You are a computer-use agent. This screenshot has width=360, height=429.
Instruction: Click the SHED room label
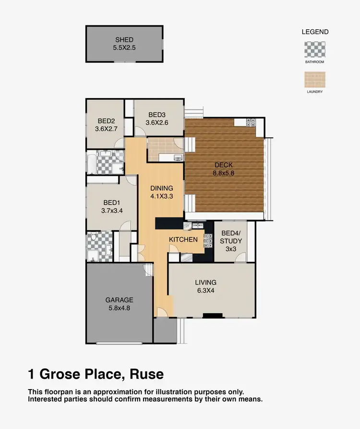[x=124, y=40]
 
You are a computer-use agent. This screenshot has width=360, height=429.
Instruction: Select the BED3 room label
[x=157, y=115]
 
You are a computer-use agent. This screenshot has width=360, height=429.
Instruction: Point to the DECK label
[x=224, y=165]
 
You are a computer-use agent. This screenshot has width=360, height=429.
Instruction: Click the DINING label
[x=161, y=188]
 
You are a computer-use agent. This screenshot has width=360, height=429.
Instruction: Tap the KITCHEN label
[x=183, y=239]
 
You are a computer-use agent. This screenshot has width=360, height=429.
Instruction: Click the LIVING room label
[x=205, y=282]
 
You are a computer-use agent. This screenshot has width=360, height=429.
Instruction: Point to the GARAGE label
[x=119, y=300]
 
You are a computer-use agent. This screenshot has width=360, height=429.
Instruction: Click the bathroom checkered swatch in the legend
[x=315, y=49]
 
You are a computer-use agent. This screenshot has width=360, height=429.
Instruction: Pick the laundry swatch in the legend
[x=315, y=79]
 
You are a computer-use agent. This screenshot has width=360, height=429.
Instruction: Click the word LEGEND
[x=315, y=32]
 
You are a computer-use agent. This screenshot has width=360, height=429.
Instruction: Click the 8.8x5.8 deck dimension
[x=224, y=173]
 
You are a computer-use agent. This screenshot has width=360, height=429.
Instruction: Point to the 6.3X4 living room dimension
[x=205, y=290]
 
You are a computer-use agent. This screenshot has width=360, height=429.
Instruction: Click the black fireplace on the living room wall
[x=213, y=316]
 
